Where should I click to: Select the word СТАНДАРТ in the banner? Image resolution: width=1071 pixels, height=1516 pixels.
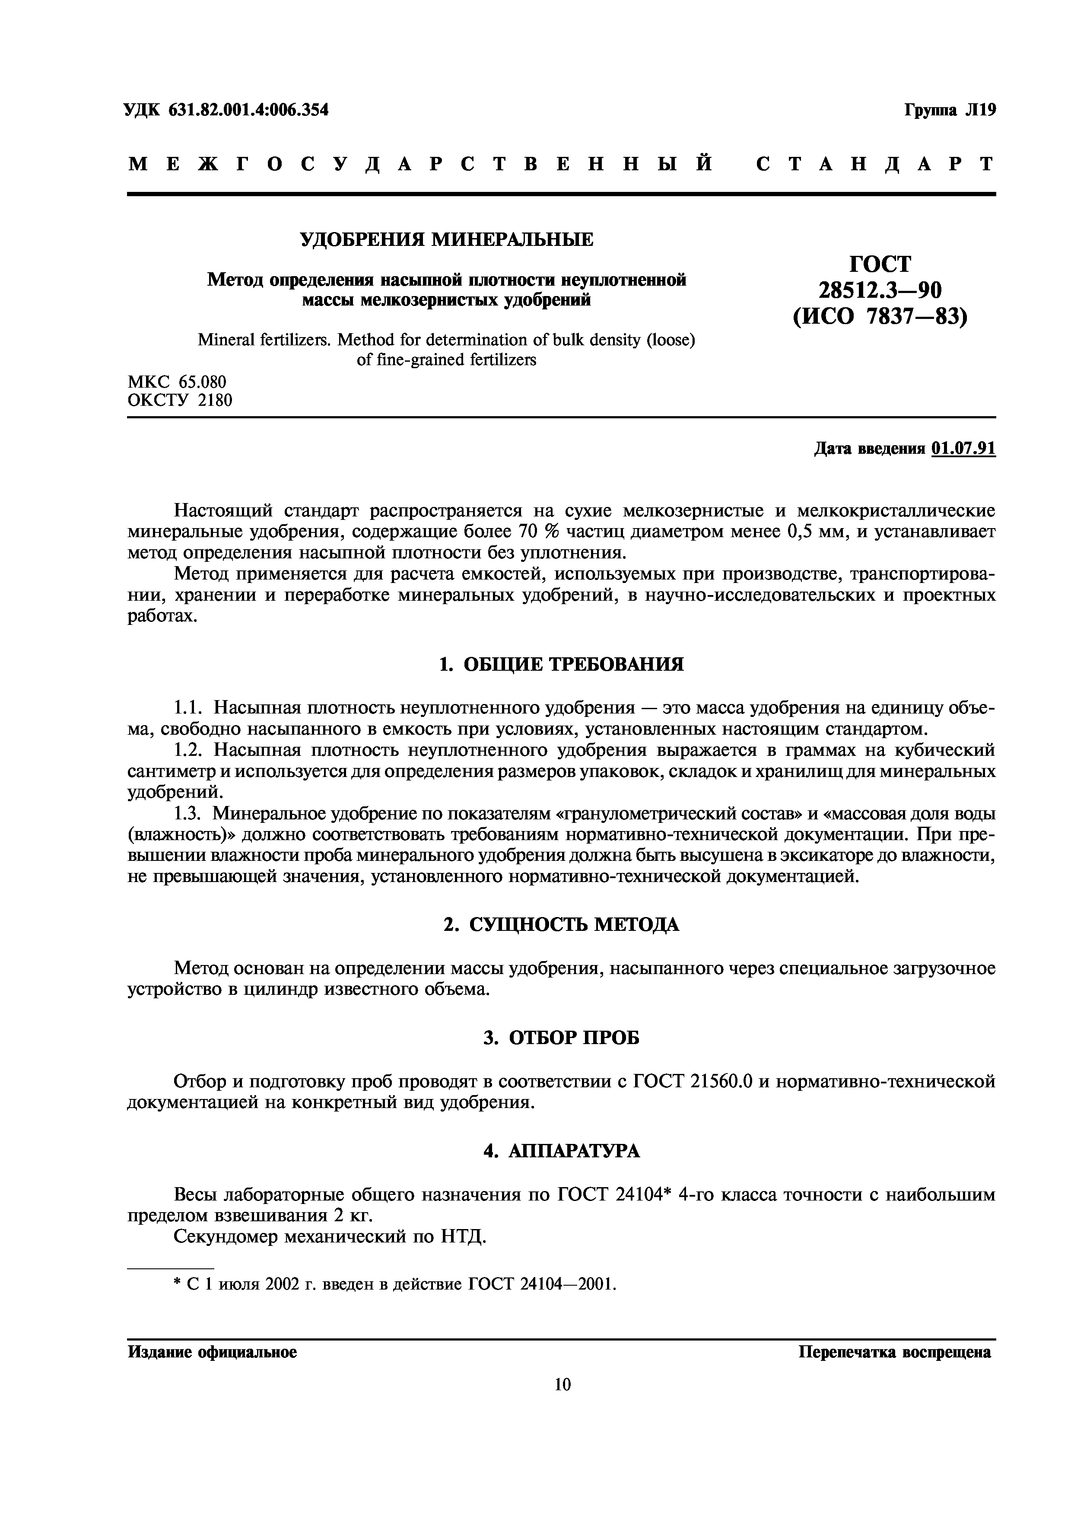click(874, 164)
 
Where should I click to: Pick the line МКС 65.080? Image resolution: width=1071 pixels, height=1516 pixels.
click(176, 382)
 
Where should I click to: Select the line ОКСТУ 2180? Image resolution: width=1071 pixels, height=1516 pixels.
click(179, 400)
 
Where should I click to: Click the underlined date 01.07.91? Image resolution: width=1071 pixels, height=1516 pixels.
click(963, 449)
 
